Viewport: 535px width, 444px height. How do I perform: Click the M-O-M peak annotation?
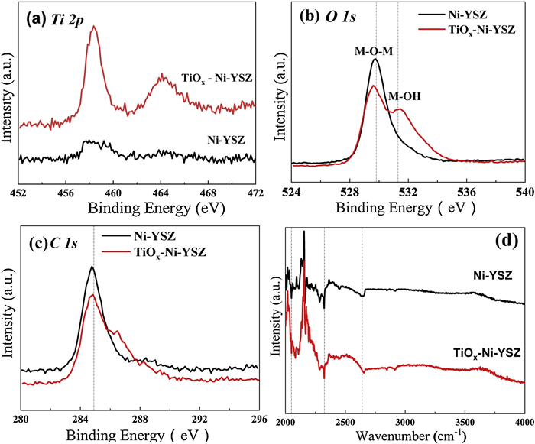click(374, 51)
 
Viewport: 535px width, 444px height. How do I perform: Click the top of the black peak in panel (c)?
click(92, 267)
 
